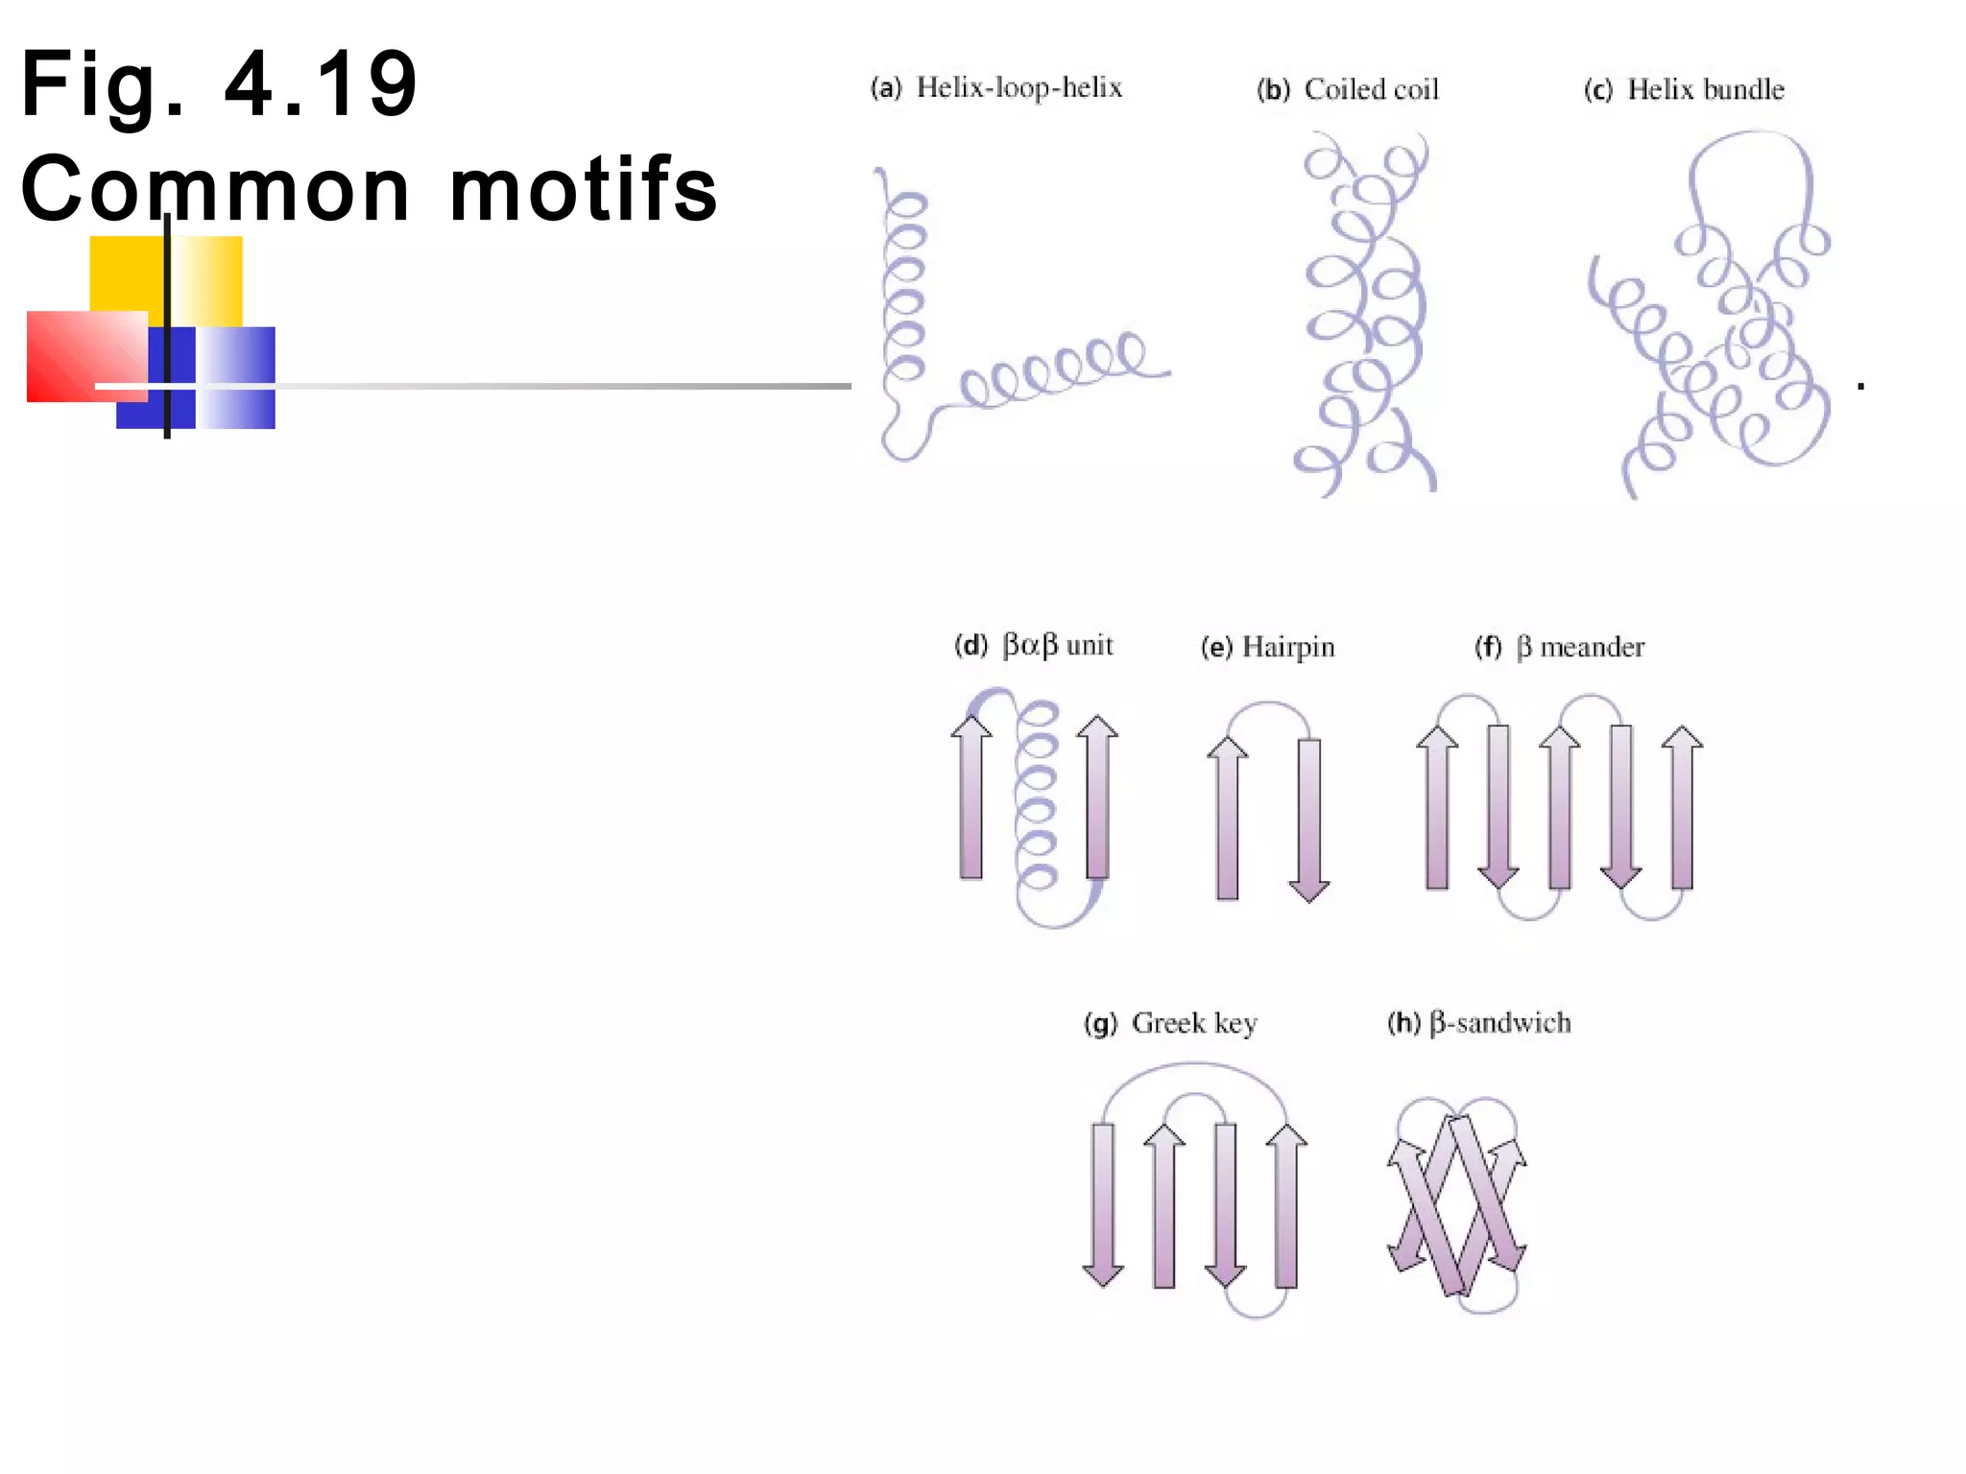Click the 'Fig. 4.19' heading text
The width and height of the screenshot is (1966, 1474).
coord(219,84)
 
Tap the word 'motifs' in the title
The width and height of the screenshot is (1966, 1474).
coord(584,189)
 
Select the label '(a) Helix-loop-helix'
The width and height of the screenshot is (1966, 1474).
coord(996,88)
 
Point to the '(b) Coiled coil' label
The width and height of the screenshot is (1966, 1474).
coord(1348,90)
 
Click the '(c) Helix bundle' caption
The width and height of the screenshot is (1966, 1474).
coord(1684,90)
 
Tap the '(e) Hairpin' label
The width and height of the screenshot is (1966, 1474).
coord(1267,648)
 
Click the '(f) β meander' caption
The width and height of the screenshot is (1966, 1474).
coord(1559,648)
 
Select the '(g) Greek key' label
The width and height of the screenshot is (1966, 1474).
coord(1170,1024)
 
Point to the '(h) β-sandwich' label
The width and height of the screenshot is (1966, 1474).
coord(1478,1024)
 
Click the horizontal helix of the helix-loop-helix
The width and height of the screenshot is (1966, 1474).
coord(1056,369)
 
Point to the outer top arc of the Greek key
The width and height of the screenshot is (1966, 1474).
coord(1194,1065)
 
